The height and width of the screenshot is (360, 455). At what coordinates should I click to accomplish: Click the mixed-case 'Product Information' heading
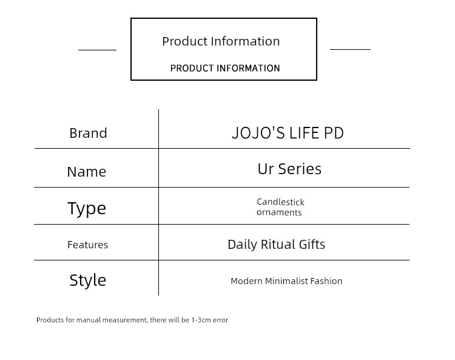[221, 41]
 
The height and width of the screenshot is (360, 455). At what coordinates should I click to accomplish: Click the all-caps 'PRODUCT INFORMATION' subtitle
[225, 68]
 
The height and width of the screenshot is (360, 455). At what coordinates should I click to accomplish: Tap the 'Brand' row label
[88, 134]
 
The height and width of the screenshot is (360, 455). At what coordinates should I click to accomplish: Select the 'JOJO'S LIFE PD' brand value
[288, 133]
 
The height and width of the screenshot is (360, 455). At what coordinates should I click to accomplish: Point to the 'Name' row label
[87, 172]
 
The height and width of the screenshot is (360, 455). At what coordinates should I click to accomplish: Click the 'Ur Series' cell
[289, 169]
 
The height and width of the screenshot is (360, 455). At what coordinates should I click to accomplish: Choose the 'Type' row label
[87, 208]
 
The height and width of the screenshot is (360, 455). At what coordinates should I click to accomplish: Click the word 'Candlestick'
[280, 202]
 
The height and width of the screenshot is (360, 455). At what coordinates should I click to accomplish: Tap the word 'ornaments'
[279, 212]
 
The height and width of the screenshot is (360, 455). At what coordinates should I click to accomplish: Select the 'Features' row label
[87, 245]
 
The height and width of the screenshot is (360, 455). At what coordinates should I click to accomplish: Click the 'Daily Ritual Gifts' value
[276, 245]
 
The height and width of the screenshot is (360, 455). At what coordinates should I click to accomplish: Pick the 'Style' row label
[87, 280]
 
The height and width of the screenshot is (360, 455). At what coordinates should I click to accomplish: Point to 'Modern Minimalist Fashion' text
[286, 281]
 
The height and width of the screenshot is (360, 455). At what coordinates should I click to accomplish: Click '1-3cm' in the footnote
[201, 320]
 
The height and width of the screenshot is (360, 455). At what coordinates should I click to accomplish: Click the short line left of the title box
[97, 50]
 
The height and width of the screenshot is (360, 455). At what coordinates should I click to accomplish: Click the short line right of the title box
[350, 49]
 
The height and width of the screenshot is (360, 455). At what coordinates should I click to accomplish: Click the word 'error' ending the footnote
[220, 320]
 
